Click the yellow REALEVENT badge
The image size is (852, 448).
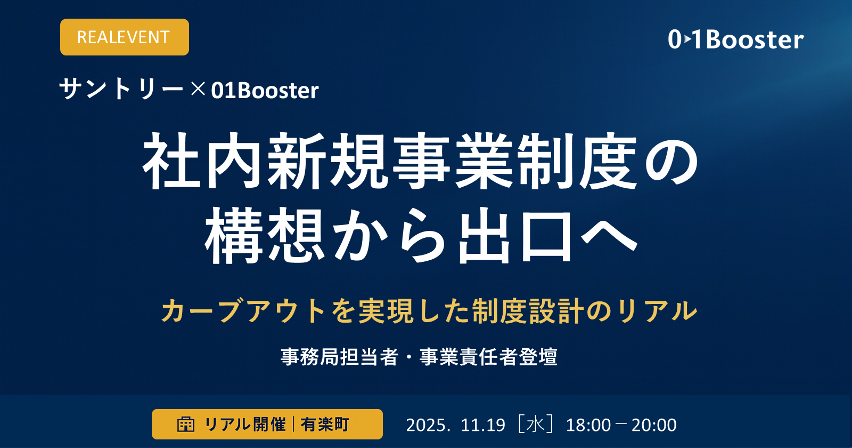(124, 37)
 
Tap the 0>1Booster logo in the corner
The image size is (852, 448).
(735, 39)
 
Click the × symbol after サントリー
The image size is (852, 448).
(198, 89)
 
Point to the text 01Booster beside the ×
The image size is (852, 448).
(265, 90)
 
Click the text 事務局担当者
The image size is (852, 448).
(339, 357)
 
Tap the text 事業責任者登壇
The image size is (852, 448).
(488, 357)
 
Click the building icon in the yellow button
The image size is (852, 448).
(186, 425)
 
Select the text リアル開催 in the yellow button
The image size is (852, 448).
(245, 425)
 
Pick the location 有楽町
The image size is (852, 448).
(325, 425)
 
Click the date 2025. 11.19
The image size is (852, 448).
(455, 425)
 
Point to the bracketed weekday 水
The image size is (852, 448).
(535, 425)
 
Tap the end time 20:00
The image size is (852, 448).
(654, 425)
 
